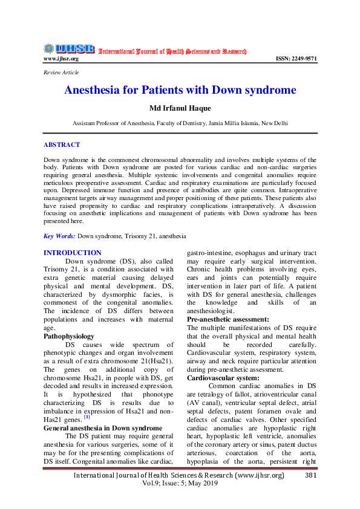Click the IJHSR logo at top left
point(68,49)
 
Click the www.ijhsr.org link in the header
point(61,59)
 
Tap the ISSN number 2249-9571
point(296,59)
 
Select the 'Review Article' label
point(61,73)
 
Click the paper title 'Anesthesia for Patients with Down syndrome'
point(180,91)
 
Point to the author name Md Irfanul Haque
point(180,109)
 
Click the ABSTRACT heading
point(62,145)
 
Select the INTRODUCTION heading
point(73,252)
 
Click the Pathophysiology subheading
point(69,336)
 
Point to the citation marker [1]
point(87,416)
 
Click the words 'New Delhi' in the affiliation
point(273,123)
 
